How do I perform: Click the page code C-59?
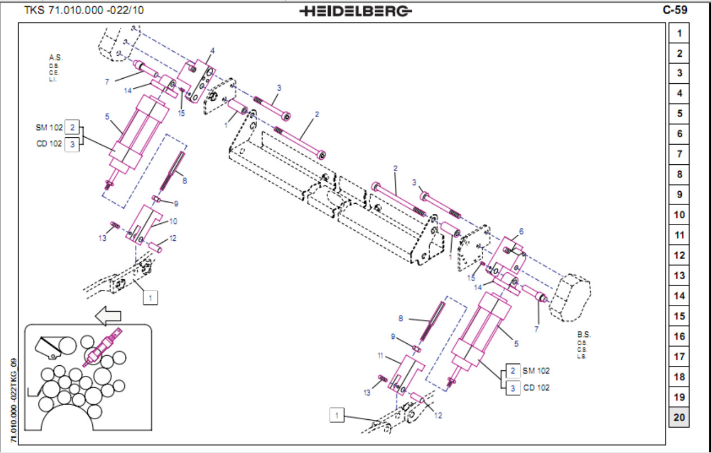click(675, 10)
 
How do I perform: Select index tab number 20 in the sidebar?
click(679, 418)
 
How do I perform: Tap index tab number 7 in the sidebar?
click(679, 154)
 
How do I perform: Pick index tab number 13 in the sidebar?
click(679, 276)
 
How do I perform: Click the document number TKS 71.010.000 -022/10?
click(84, 10)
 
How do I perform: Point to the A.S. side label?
click(55, 58)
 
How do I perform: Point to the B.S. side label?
click(584, 334)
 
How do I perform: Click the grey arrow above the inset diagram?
click(109, 316)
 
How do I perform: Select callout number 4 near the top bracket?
click(213, 51)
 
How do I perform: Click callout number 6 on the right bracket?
click(521, 231)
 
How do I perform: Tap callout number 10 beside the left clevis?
click(173, 221)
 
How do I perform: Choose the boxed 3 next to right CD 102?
click(512, 388)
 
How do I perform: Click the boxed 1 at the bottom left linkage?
click(150, 297)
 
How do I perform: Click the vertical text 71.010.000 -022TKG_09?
click(15, 400)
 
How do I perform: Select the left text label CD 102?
click(49, 143)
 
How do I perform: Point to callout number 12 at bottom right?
click(438, 415)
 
